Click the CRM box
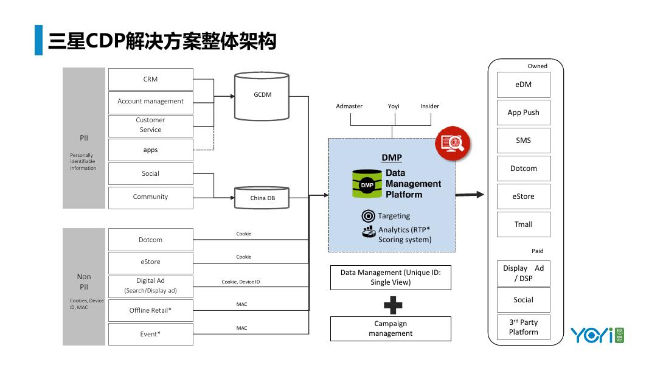(150, 79)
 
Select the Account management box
(150, 102)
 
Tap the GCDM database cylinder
(262, 96)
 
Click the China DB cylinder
(262, 198)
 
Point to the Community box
(150, 197)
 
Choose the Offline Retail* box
(150, 310)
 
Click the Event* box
(150, 334)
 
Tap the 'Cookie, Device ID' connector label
(241, 282)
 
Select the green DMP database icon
(367, 184)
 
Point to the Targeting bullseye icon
(367, 216)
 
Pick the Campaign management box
(390, 328)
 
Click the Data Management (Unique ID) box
(390, 277)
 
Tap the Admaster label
(349, 106)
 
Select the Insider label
(429, 106)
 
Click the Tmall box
(523, 224)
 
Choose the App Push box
(523, 113)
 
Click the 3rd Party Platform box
(523, 327)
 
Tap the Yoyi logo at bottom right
(597, 335)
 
